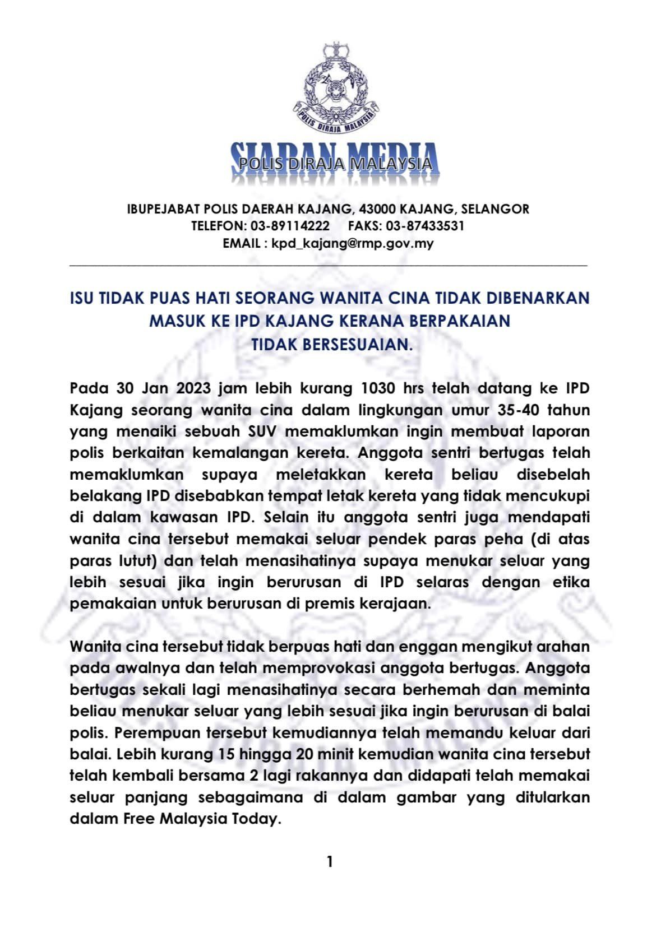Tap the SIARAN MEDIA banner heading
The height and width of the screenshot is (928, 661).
click(x=335, y=163)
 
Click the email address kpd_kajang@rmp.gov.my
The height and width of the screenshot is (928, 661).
click(x=352, y=243)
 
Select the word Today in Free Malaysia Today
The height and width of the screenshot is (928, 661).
click(x=255, y=819)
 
